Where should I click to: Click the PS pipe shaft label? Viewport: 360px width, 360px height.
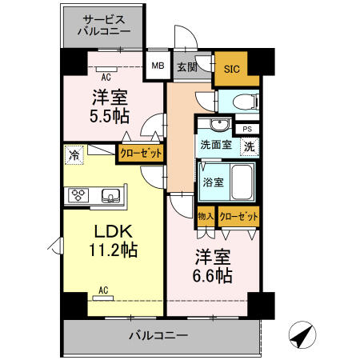click(x=246, y=129)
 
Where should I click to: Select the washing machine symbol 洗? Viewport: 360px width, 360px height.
click(x=250, y=146)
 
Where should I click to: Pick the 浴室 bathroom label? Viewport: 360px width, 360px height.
click(x=213, y=182)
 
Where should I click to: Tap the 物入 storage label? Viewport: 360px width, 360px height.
click(x=205, y=216)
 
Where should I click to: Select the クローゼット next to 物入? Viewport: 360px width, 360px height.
click(x=238, y=216)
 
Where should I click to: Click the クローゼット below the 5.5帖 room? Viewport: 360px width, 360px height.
click(x=141, y=152)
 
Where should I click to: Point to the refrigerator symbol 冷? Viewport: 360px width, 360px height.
click(x=74, y=155)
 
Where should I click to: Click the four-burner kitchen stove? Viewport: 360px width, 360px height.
click(x=81, y=194)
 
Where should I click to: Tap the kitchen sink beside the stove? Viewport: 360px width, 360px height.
click(x=111, y=194)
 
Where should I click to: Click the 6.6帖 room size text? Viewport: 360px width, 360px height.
click(x=211, y=276)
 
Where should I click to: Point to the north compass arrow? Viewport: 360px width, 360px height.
click(x=300, y=337)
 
